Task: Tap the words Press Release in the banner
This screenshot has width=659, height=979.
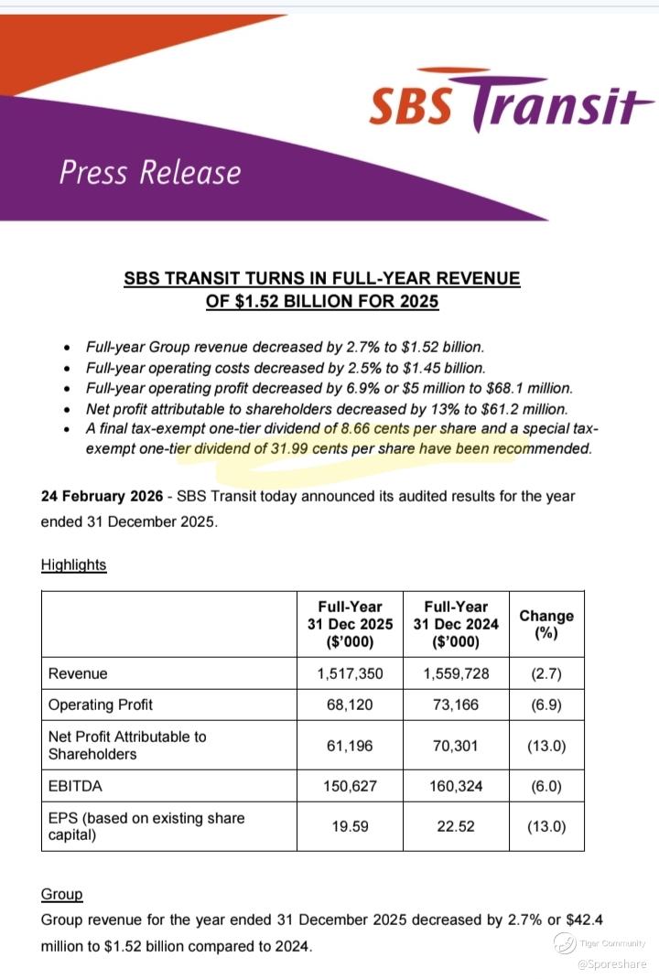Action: point(150,172)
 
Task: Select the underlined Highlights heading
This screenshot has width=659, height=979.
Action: point(73,565)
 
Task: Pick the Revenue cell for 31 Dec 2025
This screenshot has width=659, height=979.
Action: point(350,673)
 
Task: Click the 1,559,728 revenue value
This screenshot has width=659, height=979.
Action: point(457,673)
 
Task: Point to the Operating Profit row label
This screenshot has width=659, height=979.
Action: point(101,705)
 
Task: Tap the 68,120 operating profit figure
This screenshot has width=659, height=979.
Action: point(350,705)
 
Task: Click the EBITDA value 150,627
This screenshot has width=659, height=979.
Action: point(350,785)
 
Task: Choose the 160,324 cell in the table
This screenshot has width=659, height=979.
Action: point(457,785)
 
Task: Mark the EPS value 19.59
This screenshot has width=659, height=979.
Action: point(350,826)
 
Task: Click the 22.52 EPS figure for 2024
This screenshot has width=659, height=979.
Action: point(457,826)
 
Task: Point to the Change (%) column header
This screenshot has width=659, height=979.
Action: point(546,623)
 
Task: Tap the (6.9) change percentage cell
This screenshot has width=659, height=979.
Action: point(546,705)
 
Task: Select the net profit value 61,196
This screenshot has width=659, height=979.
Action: point(350,746)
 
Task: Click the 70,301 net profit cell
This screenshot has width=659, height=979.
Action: point(457,746)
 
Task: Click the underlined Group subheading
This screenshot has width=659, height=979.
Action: point(61,894)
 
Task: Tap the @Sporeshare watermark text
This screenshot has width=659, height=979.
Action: point(611,963)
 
